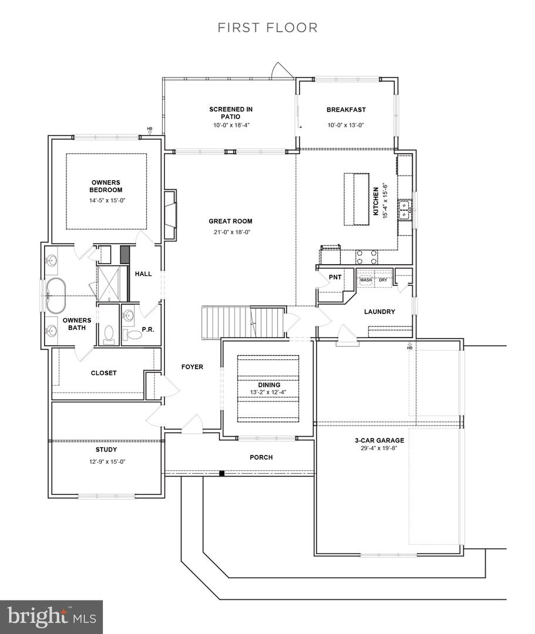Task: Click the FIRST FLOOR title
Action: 267,28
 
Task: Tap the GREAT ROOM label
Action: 230,221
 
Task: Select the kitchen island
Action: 356,200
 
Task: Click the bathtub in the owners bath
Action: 55,295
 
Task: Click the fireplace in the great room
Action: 170,215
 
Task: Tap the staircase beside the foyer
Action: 243,322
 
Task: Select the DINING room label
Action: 270,385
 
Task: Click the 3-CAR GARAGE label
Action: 379,440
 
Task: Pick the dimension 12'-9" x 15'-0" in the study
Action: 107,461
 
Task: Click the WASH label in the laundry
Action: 365,280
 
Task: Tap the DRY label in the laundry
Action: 382,280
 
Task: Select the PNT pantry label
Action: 335,277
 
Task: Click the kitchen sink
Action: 405,209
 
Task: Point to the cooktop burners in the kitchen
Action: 366,257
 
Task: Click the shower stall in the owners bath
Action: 109,283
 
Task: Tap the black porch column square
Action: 221,473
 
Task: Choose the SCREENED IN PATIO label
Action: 231,113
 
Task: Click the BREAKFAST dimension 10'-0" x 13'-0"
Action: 346,125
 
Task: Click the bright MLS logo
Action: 51,617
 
